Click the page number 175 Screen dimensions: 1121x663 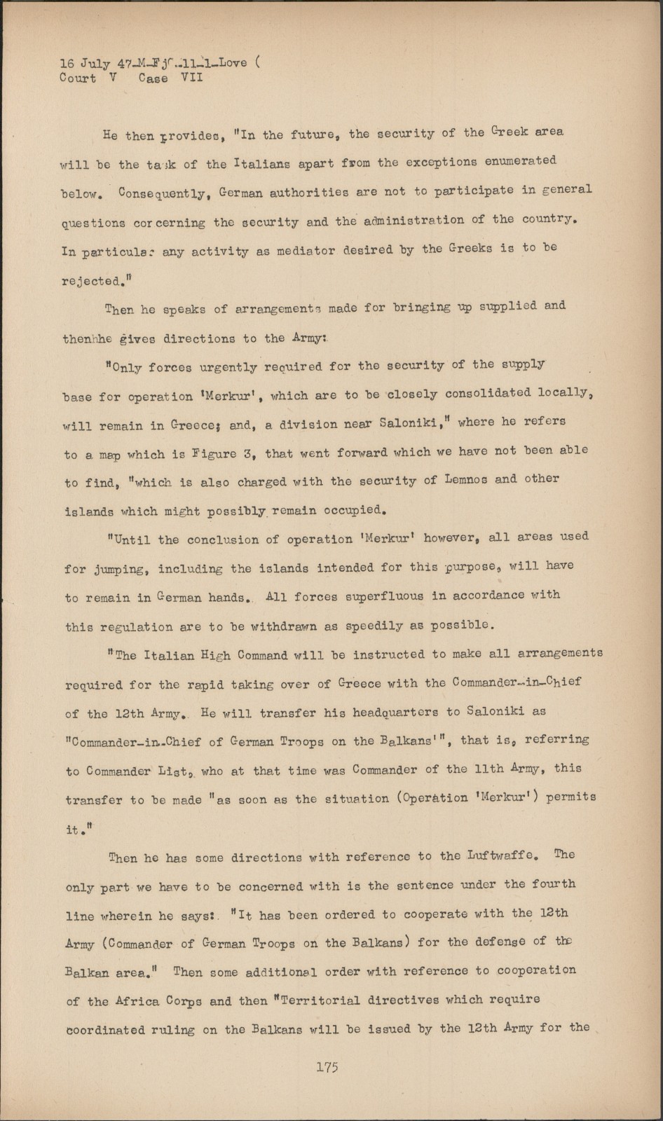point(327,1067)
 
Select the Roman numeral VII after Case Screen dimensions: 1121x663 point(191,78)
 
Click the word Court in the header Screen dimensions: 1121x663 point(78,78)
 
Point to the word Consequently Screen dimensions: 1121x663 point(163,193)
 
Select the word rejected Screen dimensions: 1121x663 point(91,282)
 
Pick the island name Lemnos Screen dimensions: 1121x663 point(451,481)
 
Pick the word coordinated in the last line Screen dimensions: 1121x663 point(106,1030)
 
